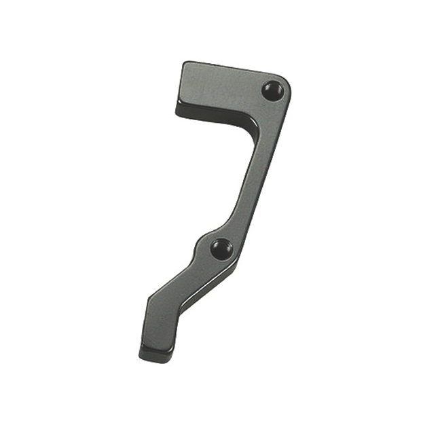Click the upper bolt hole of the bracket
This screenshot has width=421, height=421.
(x=274, y=90)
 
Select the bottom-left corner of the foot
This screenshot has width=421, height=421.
(x=141, y=354)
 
